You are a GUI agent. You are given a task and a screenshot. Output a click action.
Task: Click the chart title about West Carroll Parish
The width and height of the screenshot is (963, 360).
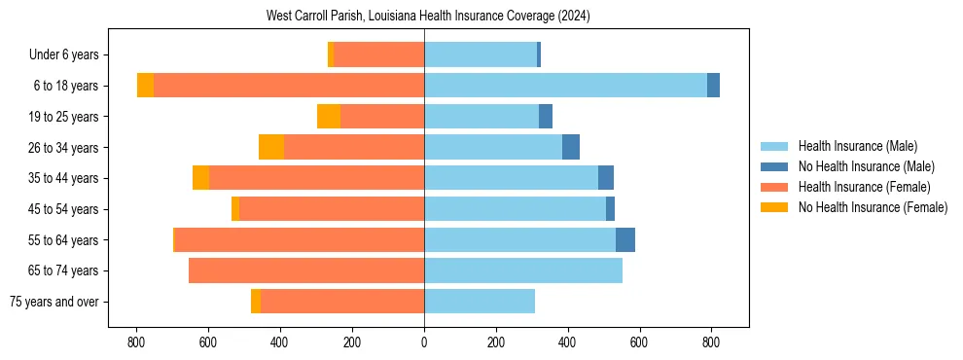tap(428, 17)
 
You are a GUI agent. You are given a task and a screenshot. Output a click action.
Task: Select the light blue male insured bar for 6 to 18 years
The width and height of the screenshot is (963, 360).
tap(565, 86)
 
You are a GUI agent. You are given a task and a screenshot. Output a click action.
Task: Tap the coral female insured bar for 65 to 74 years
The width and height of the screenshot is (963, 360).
tap(306, 270)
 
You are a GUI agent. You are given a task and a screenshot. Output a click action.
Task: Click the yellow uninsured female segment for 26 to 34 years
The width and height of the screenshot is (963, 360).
tap(271, 147)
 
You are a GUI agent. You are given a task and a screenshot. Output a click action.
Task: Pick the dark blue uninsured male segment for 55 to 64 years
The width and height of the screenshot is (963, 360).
tap(625, 239)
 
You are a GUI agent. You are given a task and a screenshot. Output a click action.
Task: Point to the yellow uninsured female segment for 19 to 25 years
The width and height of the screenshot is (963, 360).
tap(329, 117)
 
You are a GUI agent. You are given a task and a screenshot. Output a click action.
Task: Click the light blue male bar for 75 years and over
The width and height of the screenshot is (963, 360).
tap(480, 302)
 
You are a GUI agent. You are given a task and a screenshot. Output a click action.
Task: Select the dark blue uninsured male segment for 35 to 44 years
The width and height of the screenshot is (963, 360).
tap(606, 178)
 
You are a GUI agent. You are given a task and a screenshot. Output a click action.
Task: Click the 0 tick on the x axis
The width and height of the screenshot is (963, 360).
tap(424, 342)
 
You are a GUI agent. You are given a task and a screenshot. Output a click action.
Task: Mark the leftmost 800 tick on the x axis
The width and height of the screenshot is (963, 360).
tap(136, 342)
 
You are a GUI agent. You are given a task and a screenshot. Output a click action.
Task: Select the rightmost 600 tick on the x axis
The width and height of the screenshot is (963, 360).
tap(640, 342)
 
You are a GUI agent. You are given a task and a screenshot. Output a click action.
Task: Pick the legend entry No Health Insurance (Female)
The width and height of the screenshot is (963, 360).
tap(873, 207)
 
